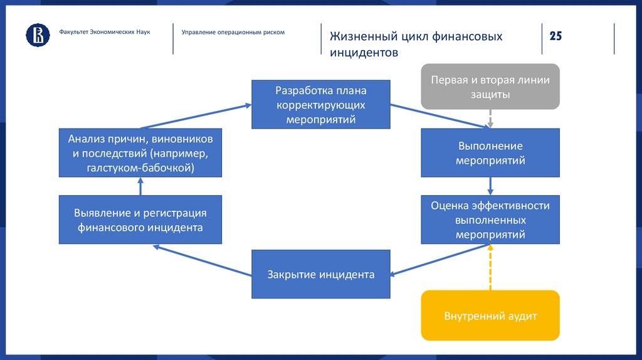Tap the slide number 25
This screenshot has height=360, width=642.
[x=555, y=36]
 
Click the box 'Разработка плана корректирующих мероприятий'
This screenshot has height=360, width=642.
[x=321, y=104]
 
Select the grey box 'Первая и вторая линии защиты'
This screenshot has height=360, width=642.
[x=490, y=87]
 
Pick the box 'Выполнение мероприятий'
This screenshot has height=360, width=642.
[x=490, y=153]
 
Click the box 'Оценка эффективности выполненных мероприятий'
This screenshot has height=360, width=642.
[x=490, y=220]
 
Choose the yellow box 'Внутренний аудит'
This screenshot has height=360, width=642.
[x=490, y=315]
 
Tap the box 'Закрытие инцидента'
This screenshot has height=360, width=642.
[x=321, y=275]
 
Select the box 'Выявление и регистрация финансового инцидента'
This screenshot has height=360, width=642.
[x=140, y=220]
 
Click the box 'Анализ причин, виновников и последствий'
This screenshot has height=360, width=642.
[x=140, y=153]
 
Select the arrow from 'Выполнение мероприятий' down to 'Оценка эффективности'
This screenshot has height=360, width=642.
[x=490, y=186]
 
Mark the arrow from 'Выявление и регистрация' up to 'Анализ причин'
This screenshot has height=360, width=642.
[x=140, y=186]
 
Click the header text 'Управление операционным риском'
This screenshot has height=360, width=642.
[x=233, y=32]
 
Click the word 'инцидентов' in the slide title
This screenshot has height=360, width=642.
[x=364, y=53]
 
